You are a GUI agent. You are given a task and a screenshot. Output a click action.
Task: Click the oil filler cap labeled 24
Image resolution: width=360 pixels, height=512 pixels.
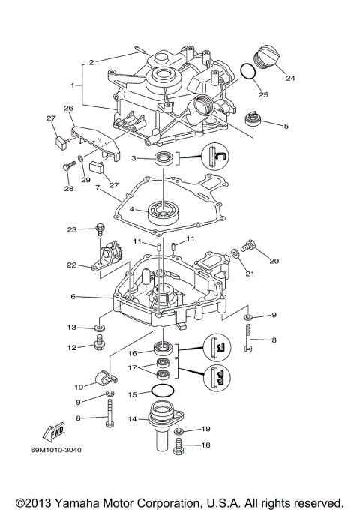(268, 57)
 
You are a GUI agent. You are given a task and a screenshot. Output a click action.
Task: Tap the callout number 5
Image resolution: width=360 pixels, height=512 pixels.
(286, 126)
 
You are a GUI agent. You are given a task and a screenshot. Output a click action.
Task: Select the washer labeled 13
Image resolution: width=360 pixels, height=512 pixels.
(99, 328)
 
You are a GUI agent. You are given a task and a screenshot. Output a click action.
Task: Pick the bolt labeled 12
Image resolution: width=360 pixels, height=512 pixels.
(99, 345)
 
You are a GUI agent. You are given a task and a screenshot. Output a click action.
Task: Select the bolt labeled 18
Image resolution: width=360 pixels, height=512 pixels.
(178, 446)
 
